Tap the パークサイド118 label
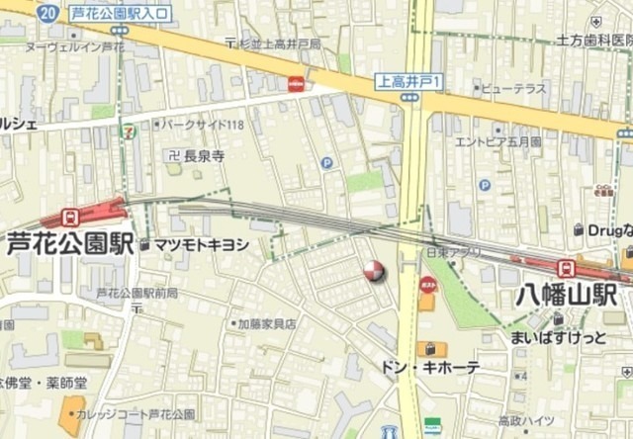[x=204, y=125]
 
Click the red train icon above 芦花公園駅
[x=69, y=217]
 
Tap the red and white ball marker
[x=374, y=271]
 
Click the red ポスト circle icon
[x=428, y=285]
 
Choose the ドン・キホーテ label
[x=432, y=367]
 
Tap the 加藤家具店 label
[x=267, y=323]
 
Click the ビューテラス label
[x=513, y=88]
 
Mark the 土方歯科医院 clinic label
[x=593, y=41]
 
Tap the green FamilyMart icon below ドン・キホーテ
[x=432, y=425]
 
